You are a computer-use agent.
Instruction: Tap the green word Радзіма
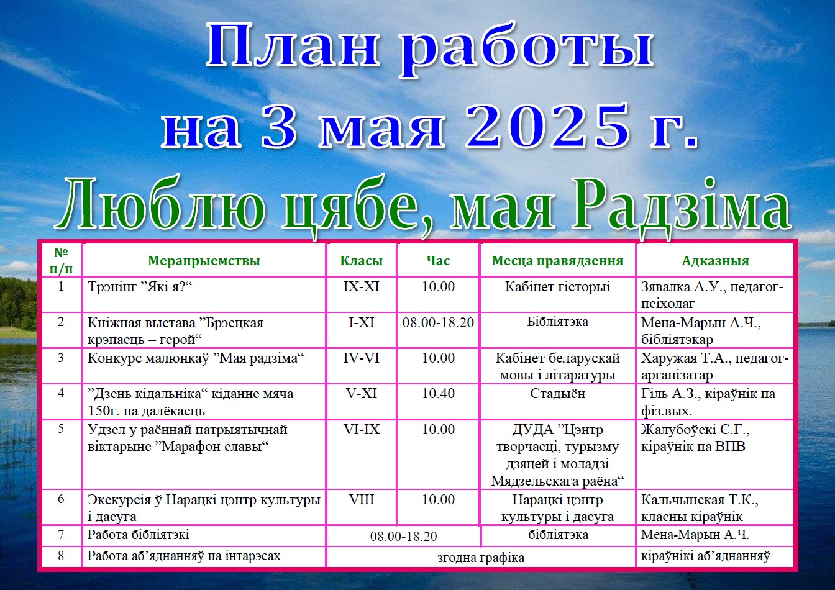pyautogui.click(x=681, y=206)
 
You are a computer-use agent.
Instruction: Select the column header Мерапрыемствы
pyautogui.click(x=204, y=260)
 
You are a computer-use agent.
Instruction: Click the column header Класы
pyautogui.click(x=361, y=260)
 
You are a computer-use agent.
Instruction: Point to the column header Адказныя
pyautogui.click(x=715, y=260)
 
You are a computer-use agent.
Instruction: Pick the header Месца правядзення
pyautogui.click(x=557, y=261)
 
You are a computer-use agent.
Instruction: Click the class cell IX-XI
pyautogui.click(x=361, y=286)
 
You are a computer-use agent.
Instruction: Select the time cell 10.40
pyautogui.click(x=439, y=394)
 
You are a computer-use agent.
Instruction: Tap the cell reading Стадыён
pyautogui.click(x=558, y=394)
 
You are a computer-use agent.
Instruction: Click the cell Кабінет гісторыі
pyautogui.click(x=558, y=286)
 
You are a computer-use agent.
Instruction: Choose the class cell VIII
pyautogui.click(x=361, y=499)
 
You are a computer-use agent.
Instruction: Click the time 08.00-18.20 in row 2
pyautogui.click(x=438, y=322)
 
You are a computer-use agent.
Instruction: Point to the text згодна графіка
pyautogui.click(x=481, y=558)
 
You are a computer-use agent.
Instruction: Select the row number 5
pyautogui.click(x=61, y=429)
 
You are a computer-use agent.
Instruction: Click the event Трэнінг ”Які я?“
pyautogui.click(x=140, y=287)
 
